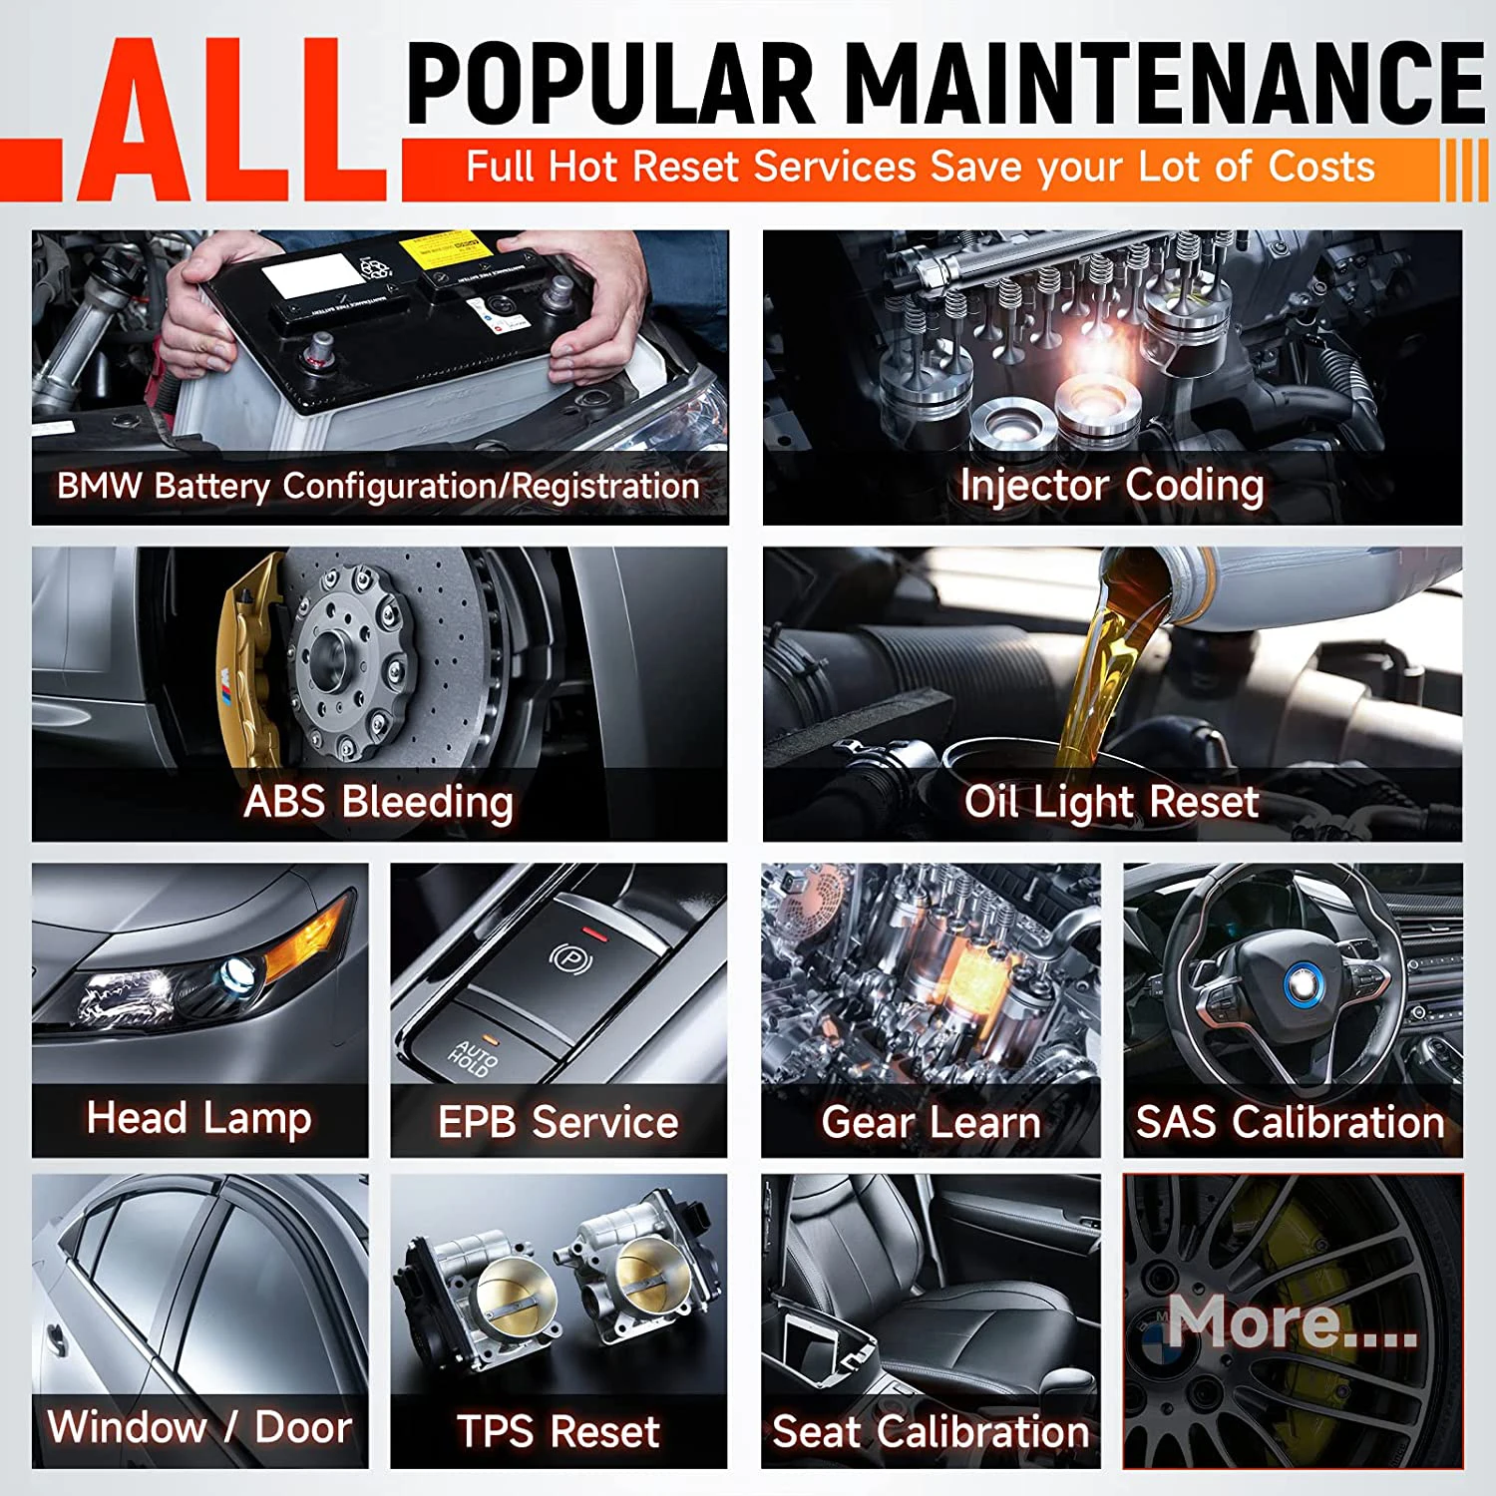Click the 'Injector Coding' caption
click(x=1111, y=486)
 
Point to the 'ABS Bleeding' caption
click(x=378, y=802)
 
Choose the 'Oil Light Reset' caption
click(x=1111, y=802)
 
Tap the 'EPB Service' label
click(x=558, y=1122)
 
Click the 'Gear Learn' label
click(x=931, y=1122)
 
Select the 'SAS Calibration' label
click(x=1291, y=1122)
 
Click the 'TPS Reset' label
click(x=558, y=1432)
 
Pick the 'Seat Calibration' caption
click(x=931, y=1432)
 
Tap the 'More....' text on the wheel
click(x=1292, y=1321)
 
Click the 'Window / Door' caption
click(x=199, y=1427)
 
